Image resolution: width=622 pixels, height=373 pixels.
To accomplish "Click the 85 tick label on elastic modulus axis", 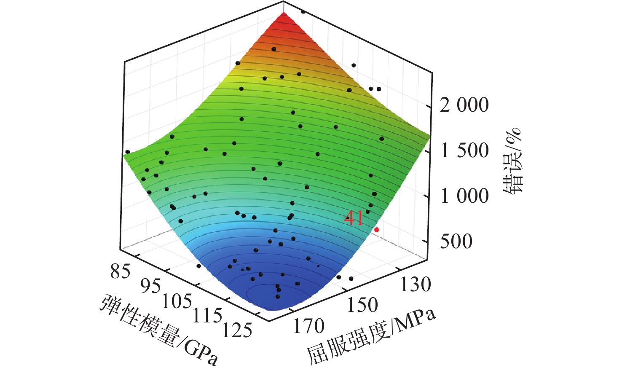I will [x=121, y=272].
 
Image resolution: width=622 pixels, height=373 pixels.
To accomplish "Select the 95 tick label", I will [x=151, y=286].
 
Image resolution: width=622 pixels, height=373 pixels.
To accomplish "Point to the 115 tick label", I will [x=207, y=315].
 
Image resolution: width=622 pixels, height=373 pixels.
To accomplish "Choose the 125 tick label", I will [x=237, y=330].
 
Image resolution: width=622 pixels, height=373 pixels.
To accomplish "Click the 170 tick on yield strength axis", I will [x=308, y=326].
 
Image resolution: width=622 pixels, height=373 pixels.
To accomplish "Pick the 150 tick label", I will [x=362, y=305].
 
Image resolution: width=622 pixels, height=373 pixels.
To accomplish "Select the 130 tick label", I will [x=416, y=284].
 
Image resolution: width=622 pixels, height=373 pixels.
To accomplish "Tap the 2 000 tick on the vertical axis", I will [x=464, y=105].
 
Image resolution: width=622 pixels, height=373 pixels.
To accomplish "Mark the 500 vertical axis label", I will [x=456, y=242].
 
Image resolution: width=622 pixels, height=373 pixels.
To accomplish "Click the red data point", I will [x=377, y=230].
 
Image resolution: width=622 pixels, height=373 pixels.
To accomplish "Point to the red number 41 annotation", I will [x=354, y=218].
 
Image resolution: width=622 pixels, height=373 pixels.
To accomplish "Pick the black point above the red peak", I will [x=303, y=12].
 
